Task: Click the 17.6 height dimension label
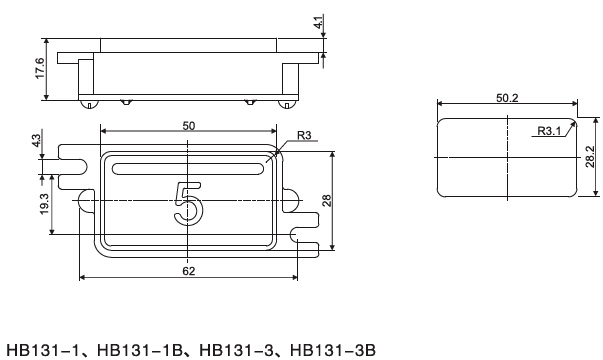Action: [x=40, y=68]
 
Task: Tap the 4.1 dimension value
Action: [x=319, y=22]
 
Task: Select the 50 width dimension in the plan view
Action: [x=189, y=126]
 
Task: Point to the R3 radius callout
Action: [x=304, y=135]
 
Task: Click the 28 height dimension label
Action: [x=327, y=201]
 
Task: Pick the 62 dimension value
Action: [x=189, y=271]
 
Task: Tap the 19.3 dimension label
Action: [x=45, y=204]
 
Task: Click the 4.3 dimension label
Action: [x=37, y=140]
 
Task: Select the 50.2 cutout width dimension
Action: [x=507, y=98]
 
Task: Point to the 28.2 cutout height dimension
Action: [x=590, y=157]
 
